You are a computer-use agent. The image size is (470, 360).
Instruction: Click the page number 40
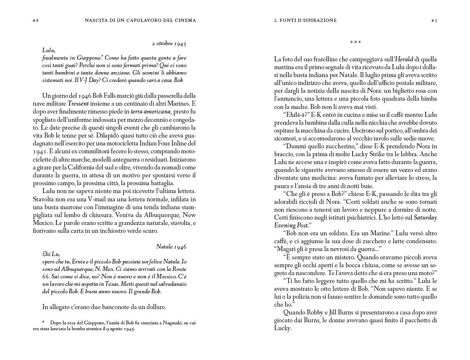(x=36, y=20)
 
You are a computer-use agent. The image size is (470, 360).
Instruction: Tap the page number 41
(x=434, y=20)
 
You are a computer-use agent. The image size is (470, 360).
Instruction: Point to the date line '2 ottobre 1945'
(x=169, y=43)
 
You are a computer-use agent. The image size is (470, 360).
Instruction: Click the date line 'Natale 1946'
(x=171, y=246)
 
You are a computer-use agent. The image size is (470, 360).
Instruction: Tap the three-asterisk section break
(x=355, y=42)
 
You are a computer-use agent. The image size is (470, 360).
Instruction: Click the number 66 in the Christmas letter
(x=46, y=269)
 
